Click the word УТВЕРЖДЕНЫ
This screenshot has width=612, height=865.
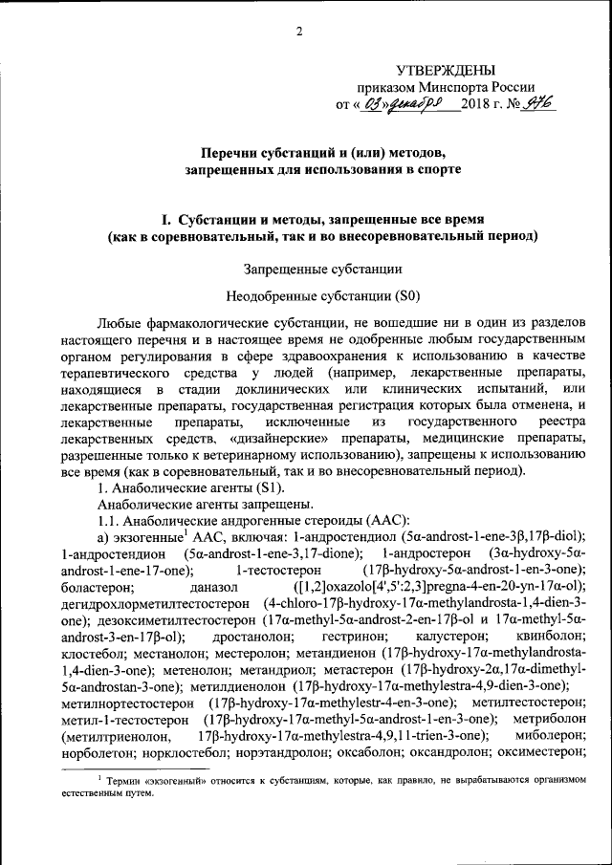click(x=447, y=69)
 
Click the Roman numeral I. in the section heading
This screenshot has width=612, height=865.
click(x=170, y=217)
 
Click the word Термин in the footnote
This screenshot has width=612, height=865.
click(x=128, y=781)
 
